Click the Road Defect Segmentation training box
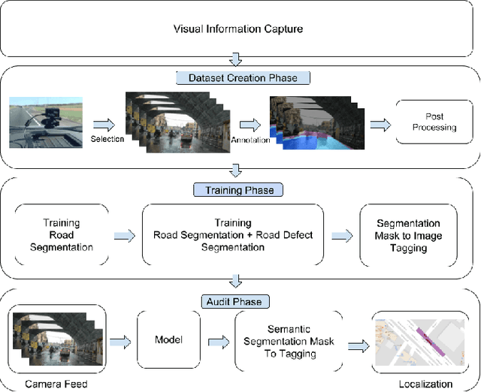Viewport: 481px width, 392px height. click(x=233, y=235)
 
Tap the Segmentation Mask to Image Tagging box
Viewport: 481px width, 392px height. click(x=409, y=235)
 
